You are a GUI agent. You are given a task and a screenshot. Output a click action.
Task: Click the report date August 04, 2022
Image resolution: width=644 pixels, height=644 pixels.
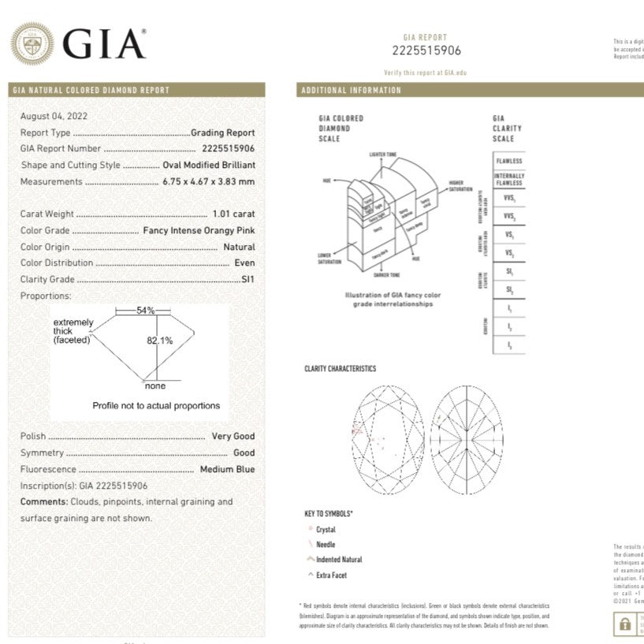coord(54,116)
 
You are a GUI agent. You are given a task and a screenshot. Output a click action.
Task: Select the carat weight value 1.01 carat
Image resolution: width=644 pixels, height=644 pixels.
coord(233,214)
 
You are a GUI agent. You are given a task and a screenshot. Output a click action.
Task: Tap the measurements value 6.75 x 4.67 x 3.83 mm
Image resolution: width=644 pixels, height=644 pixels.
coord(208,181)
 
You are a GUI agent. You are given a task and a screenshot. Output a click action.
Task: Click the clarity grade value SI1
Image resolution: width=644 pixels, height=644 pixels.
coord(248,279)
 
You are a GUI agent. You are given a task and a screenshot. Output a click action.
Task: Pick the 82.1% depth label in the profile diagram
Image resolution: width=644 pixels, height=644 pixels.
coord(159,341)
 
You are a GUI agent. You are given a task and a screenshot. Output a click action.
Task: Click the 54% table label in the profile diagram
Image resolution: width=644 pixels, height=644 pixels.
coord(146,311)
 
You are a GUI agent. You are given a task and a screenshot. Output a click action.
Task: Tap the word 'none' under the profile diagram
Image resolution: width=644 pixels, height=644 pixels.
coord(155,386)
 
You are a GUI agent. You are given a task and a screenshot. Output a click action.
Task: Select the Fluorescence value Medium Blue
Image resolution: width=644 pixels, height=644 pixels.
coord(227,469)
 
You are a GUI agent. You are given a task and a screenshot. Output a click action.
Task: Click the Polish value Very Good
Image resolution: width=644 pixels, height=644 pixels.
coord(233,436)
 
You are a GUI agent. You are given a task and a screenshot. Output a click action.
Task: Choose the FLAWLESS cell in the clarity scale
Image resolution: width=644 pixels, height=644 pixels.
coord(509,161)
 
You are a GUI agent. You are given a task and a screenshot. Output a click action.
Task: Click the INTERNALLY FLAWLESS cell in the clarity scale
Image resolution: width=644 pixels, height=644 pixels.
coord(509,179)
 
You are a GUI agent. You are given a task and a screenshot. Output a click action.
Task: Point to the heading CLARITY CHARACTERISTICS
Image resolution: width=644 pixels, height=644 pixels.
coord(340,369)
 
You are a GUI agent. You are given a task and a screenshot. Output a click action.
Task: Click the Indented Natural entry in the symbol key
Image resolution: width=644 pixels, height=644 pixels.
coord(339,560)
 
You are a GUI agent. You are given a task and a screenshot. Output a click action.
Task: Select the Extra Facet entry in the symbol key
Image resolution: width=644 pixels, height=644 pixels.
coord(332,575)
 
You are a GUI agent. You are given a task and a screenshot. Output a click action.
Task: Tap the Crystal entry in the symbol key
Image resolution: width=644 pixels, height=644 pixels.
coord(326,530)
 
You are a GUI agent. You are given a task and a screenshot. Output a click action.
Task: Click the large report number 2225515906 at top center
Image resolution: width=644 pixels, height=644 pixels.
coord(426,51)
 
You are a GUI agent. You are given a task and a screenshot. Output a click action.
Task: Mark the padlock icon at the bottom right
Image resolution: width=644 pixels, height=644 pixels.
coord(625,624)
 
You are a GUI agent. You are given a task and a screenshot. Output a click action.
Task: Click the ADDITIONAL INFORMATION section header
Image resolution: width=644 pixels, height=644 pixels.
coord(351,91)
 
